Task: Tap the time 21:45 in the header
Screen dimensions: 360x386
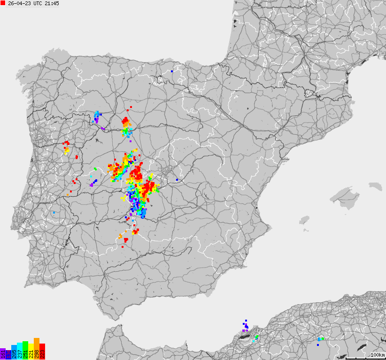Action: click(52, 3)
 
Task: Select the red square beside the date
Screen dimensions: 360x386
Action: click(3, 3)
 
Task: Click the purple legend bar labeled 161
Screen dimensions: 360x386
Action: click(3, 354)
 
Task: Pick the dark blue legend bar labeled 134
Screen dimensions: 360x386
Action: click(8, 353)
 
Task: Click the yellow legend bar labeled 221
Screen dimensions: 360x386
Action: click(31, 352)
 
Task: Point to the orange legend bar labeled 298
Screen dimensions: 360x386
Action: click(37, 349)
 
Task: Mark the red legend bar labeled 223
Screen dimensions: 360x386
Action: click(42, 352)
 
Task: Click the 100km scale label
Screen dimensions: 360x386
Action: click(378, 355)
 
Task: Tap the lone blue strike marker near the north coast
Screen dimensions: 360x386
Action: click(172, 71)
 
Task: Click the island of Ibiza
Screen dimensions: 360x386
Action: click(305, 220)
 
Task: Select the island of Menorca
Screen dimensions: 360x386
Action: click(375, 186)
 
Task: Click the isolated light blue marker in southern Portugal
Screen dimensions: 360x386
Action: click(54, 213)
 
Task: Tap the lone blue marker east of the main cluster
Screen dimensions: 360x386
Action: click(177, 180)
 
